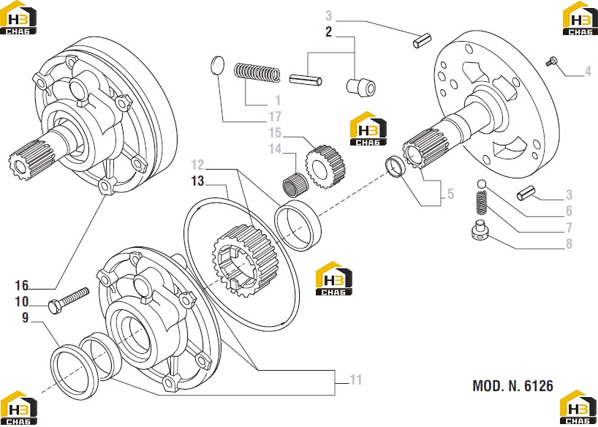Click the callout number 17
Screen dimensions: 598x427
(x=275, y=116)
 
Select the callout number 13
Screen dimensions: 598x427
(x=197, y=181)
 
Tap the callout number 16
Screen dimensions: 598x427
(x=22, y=285)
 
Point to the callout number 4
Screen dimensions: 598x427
(x=588, y=71)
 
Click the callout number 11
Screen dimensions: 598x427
(x=355, y=379)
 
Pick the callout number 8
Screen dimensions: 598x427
(x=569, y=243)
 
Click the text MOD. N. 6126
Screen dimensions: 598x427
(x=512, y=386)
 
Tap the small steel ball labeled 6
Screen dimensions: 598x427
(x=481, y=184)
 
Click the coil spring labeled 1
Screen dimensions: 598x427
(x=257, y=72)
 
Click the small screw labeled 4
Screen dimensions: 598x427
(x=550, y=61)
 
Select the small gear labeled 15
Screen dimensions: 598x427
(x=325, y=167)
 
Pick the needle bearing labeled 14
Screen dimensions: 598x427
(x=295, y=183)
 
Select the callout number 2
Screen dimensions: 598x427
(x=329, y=32)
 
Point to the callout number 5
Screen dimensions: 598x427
(x=451, y=194)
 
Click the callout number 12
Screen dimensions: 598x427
(x=197, y=165)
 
